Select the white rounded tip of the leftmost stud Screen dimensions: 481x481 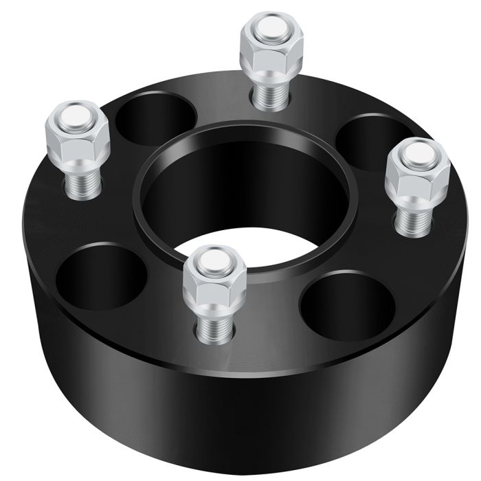pyautogui.click(x=75, y=113)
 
